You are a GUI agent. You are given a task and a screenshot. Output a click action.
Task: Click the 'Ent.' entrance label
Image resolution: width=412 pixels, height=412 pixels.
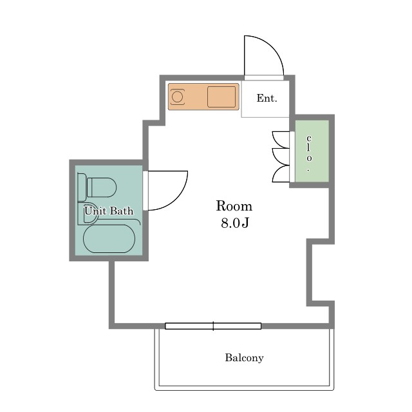pyautogui.click(x=267, y=98)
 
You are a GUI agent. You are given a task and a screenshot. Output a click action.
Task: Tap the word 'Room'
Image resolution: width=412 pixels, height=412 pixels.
pyautogui.click(x=234, y=206)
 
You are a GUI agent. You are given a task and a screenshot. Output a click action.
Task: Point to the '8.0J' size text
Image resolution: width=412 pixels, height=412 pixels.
pyautogui.click(x=234, y=223)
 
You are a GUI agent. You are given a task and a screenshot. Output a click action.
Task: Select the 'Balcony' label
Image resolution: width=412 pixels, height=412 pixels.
pyautogui.click(x=244, y=358)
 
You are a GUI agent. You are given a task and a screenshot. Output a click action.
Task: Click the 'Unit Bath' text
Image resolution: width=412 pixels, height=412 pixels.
pyautogui.click(x=109, y=211)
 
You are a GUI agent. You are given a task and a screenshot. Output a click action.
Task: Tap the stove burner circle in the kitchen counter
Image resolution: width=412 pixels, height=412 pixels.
pyautogui.click(x=177, y=97)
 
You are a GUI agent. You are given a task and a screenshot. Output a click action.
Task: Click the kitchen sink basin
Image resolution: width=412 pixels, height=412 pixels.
pyautogui.click(x=221, y=97)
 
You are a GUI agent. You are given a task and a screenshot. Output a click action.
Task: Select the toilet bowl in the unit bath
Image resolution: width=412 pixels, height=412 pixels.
pyautogui.click(x=102, y=187)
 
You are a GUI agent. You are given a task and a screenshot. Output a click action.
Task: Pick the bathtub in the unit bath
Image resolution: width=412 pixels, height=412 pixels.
pyautogui.click(x=109, y=239)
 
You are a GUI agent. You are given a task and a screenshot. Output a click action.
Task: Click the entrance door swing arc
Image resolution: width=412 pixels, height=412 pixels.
pyautogui.click(x=272, y=47)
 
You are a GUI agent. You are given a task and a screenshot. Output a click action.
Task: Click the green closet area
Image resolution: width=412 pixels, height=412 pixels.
pyautogui.click(x=312, y=151)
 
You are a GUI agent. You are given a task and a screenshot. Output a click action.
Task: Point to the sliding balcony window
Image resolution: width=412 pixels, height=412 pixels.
pyautogui.click(x=213, y=326)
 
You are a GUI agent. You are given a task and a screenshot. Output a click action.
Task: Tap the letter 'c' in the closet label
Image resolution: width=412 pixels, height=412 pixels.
pyautogui.click(x=309, y=138)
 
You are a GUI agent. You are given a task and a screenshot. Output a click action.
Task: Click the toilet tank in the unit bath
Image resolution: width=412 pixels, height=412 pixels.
pyautogui.click(x=82, y=187)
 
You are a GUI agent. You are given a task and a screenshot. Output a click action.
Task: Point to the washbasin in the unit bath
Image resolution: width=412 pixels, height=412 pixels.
pyautogui.click(x=89, y=213)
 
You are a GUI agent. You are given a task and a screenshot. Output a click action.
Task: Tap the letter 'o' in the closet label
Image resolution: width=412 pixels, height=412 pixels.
pyautogui.click(x=309, y=158)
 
